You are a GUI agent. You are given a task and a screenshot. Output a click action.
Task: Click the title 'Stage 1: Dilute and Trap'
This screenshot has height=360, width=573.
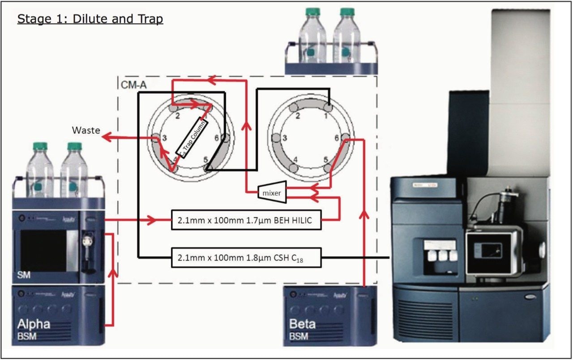90,19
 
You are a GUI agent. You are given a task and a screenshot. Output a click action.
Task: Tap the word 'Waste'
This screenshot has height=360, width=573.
85,131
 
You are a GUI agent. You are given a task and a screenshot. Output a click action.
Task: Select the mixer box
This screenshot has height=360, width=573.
272,193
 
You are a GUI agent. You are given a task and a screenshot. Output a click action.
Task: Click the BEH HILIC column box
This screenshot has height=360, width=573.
247,220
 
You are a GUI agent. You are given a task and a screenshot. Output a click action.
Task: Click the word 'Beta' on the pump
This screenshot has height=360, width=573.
302,324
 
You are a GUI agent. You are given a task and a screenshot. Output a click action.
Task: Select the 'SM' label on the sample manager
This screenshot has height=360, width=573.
25,275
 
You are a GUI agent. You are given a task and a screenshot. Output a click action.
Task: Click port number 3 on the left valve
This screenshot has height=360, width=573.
165,138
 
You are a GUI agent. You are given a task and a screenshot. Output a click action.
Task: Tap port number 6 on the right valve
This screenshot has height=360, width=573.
336,138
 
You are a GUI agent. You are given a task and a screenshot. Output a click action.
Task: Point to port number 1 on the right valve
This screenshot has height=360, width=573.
326,116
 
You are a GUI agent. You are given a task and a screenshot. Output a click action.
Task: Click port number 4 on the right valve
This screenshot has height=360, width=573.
295,159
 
